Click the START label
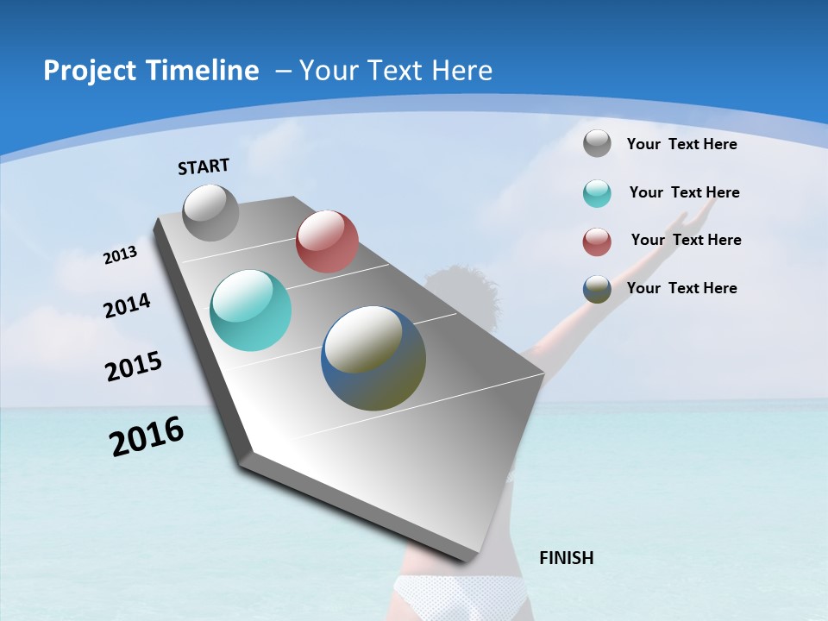(x=204, y=166)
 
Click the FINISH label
(x=566, y=558)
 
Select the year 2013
(x=120, y=255)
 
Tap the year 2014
(x=127, y=306)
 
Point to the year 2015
(x=133, y=367)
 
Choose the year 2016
(x=146, y=436)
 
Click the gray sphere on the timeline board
(x=210, y=212)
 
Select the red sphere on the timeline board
(x=327, y=241)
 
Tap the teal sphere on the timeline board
(x=250, y=310)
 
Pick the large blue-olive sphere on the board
(x=373, y=358)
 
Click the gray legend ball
(x=597, y=143)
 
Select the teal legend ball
(x=597, y=193)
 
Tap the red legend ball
(x=597, y=241)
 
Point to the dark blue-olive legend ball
(x=597, y=289)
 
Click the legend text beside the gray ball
(x=681, y=144)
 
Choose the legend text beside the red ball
(x=686, y=240)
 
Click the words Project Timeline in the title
(x=151, y=71)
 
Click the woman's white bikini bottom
(x=458, y=594)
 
